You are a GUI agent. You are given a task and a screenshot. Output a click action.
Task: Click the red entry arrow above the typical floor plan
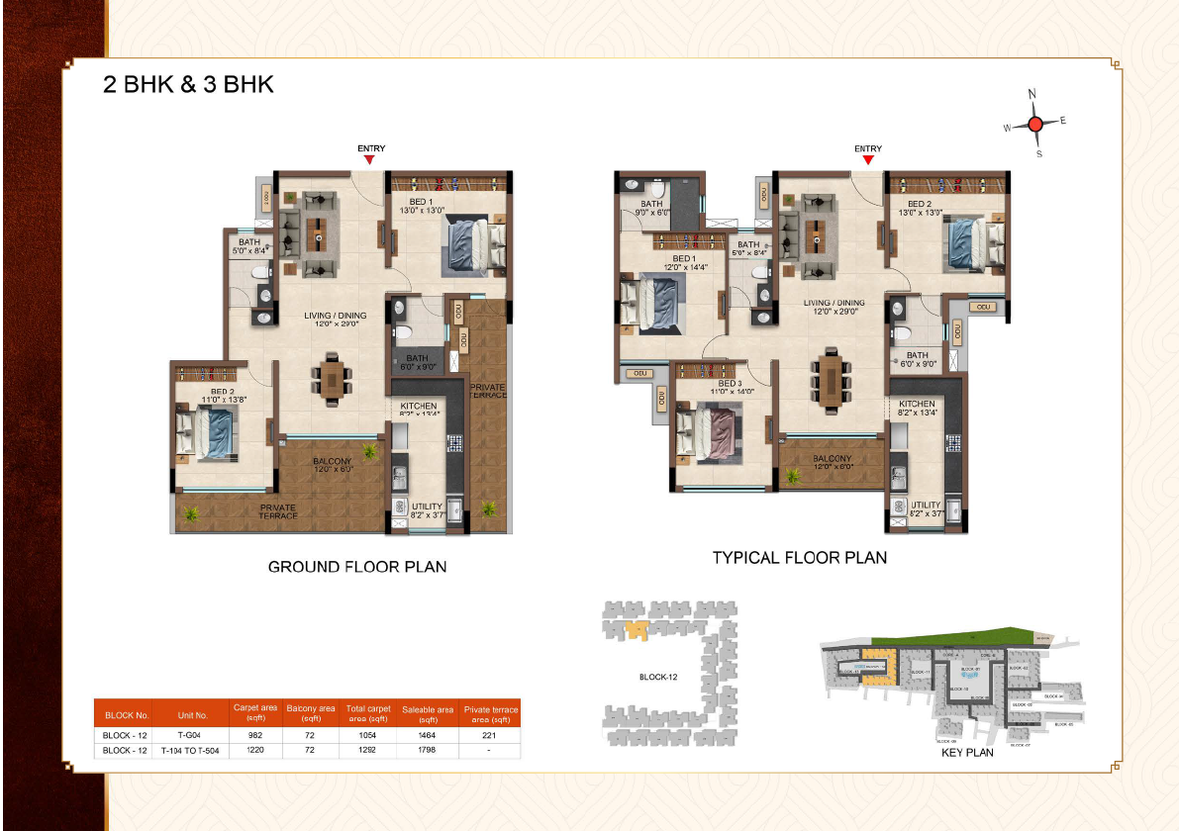(x=868, y=159)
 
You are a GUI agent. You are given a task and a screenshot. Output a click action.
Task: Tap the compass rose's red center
(x=1035, y=124)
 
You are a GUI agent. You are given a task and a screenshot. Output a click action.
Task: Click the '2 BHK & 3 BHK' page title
(x=188, y=85)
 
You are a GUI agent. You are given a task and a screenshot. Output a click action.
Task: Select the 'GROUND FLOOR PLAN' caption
(x=357, y=567)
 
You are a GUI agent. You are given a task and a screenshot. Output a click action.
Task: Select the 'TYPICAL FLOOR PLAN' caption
(x=799, y=558)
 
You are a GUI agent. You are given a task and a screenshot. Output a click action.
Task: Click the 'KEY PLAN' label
(x=966, y=753)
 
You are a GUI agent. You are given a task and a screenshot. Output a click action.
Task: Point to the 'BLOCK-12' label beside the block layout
(x=658, y=678)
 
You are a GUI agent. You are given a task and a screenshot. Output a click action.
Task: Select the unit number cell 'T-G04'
(x=190, y=735)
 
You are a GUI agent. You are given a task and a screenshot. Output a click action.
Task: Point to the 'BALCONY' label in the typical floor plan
(x=833, y=459)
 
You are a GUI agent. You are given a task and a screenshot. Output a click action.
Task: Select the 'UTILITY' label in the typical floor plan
(x=925, y=505)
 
